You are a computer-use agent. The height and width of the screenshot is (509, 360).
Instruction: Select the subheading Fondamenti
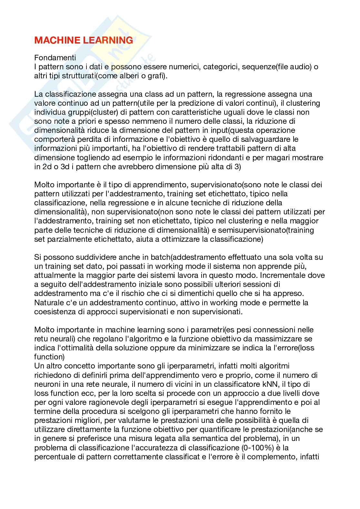pos(55,58)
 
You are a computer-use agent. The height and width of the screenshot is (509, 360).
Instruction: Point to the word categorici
pos(222,67)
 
